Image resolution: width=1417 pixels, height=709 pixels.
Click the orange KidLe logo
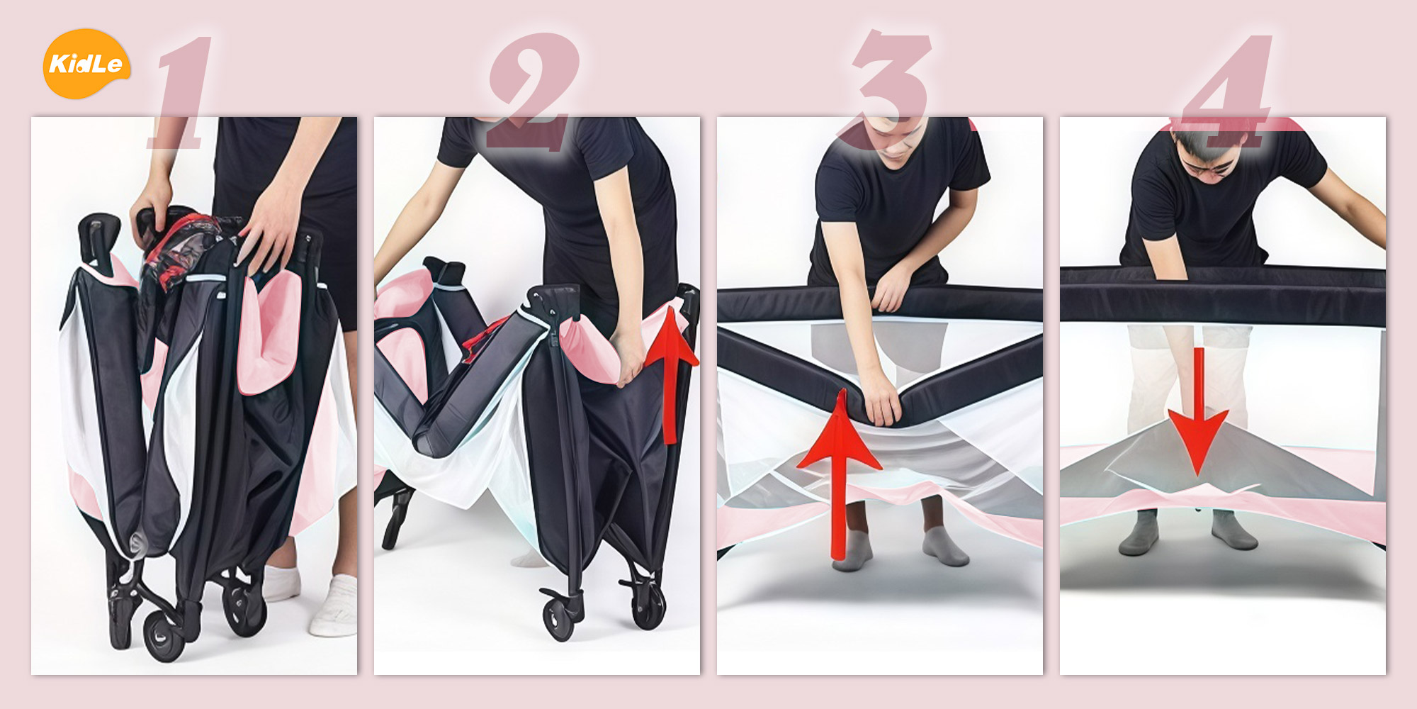coord(86,64)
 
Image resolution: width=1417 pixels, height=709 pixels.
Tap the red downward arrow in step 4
coord(1198,411)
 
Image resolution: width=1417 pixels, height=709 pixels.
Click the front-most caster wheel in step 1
coord(164,635)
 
